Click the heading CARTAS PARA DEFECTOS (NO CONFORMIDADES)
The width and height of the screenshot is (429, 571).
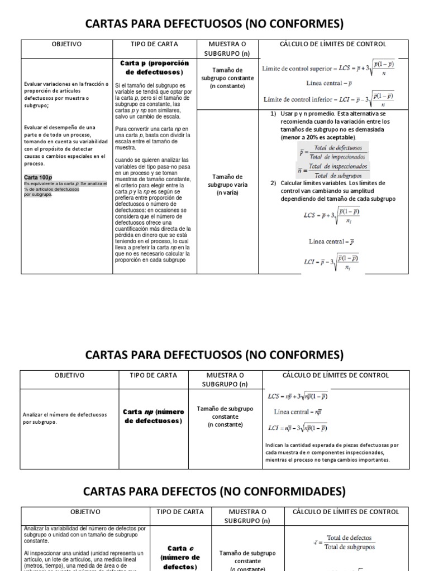point(214,491)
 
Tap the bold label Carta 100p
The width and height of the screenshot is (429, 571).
point(37,177)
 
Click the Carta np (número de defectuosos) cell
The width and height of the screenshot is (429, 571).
point(153,416)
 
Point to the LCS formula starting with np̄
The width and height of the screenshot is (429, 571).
point(304,396)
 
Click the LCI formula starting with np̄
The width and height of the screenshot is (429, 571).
point(304,428)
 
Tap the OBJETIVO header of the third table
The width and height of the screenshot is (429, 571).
point(85,511)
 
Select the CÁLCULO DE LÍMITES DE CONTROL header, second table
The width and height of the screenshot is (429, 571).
point(332,375)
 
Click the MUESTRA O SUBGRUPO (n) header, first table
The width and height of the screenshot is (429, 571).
point(227,49)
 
